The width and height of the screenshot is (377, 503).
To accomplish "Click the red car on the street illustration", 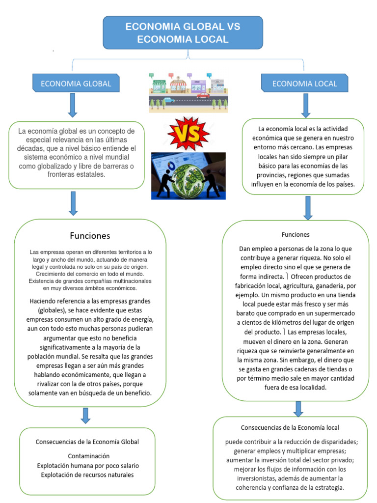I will [x=203, y=95].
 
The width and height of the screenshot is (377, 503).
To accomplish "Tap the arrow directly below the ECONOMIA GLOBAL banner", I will [x=73, y=105].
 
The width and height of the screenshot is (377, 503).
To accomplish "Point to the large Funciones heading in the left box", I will [x=90, y=236].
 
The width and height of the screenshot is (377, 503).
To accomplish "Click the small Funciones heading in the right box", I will [x=296, y=234].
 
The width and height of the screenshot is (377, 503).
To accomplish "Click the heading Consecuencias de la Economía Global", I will [x=87, y=442].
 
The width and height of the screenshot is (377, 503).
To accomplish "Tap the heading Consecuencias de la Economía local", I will [x=290, y=427].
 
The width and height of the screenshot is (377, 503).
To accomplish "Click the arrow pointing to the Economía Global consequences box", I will [x=85, y=415].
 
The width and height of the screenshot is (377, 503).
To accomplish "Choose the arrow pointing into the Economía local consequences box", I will [x=298, y=409].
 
